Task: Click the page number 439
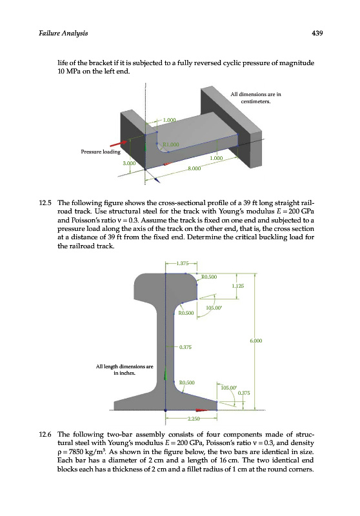tap(317, 33)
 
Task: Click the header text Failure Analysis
tap(63, 34)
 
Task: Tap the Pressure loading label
tap(101, 152)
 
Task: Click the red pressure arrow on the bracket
tap(119, 143)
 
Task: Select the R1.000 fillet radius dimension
tap(171, 144)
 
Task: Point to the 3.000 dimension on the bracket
tap(129, 163)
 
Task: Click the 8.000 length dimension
tap(194, 168)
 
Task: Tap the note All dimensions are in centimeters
tap(255, 98)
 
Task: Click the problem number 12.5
tap(45, 203)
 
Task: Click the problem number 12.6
tap(45, 434)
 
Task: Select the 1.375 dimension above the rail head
tap(183, 263)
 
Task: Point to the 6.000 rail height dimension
tap(256, 341)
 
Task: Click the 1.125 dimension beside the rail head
tap(238, 286)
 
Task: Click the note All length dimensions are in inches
tap(125, 370)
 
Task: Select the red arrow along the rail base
tap(201, 410)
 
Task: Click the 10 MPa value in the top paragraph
tap(69, 72)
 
